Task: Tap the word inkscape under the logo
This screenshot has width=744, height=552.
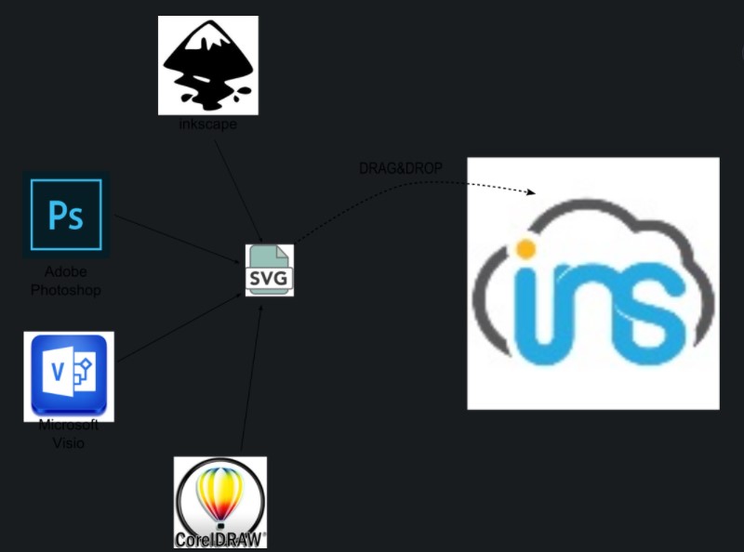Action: coord(207,125)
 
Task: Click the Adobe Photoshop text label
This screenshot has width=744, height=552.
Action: coord(66,281)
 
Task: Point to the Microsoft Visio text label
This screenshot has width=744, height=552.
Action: coord(68,434)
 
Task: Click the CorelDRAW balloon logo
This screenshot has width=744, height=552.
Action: coord(219,494)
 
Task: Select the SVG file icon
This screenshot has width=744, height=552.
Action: coord(269,270)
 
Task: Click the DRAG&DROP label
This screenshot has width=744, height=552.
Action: coord(401,168)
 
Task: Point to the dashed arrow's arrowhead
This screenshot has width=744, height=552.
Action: coord(532,193)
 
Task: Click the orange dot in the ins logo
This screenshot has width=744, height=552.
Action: coord(525,249)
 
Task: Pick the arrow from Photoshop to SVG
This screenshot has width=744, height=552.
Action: coord(177,238)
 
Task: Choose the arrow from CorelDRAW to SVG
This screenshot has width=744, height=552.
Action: coord(251,381)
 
